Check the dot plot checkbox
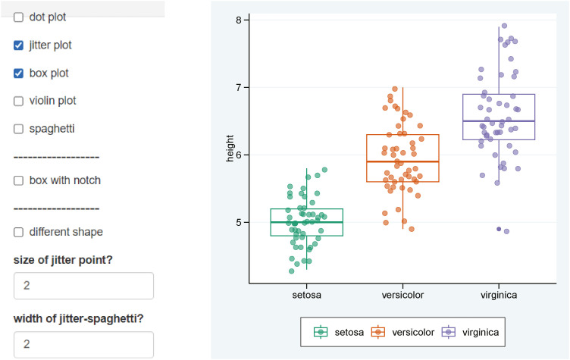tap(19, 17)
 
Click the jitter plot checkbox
tap(19, 45)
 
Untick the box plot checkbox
tap(19, 74)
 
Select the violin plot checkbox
tap(19, 101)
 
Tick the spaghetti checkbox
tap(19, 129)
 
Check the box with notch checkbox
tap(19, 180)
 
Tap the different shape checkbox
tap(19, 232)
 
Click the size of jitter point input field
tap(83, 286)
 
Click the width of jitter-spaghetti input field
tap(83, 344)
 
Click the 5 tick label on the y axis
tap(239, 222)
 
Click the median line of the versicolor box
tap(402, 161)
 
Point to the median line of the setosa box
tap(306, 222)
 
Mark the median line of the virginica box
tap(498, 121)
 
